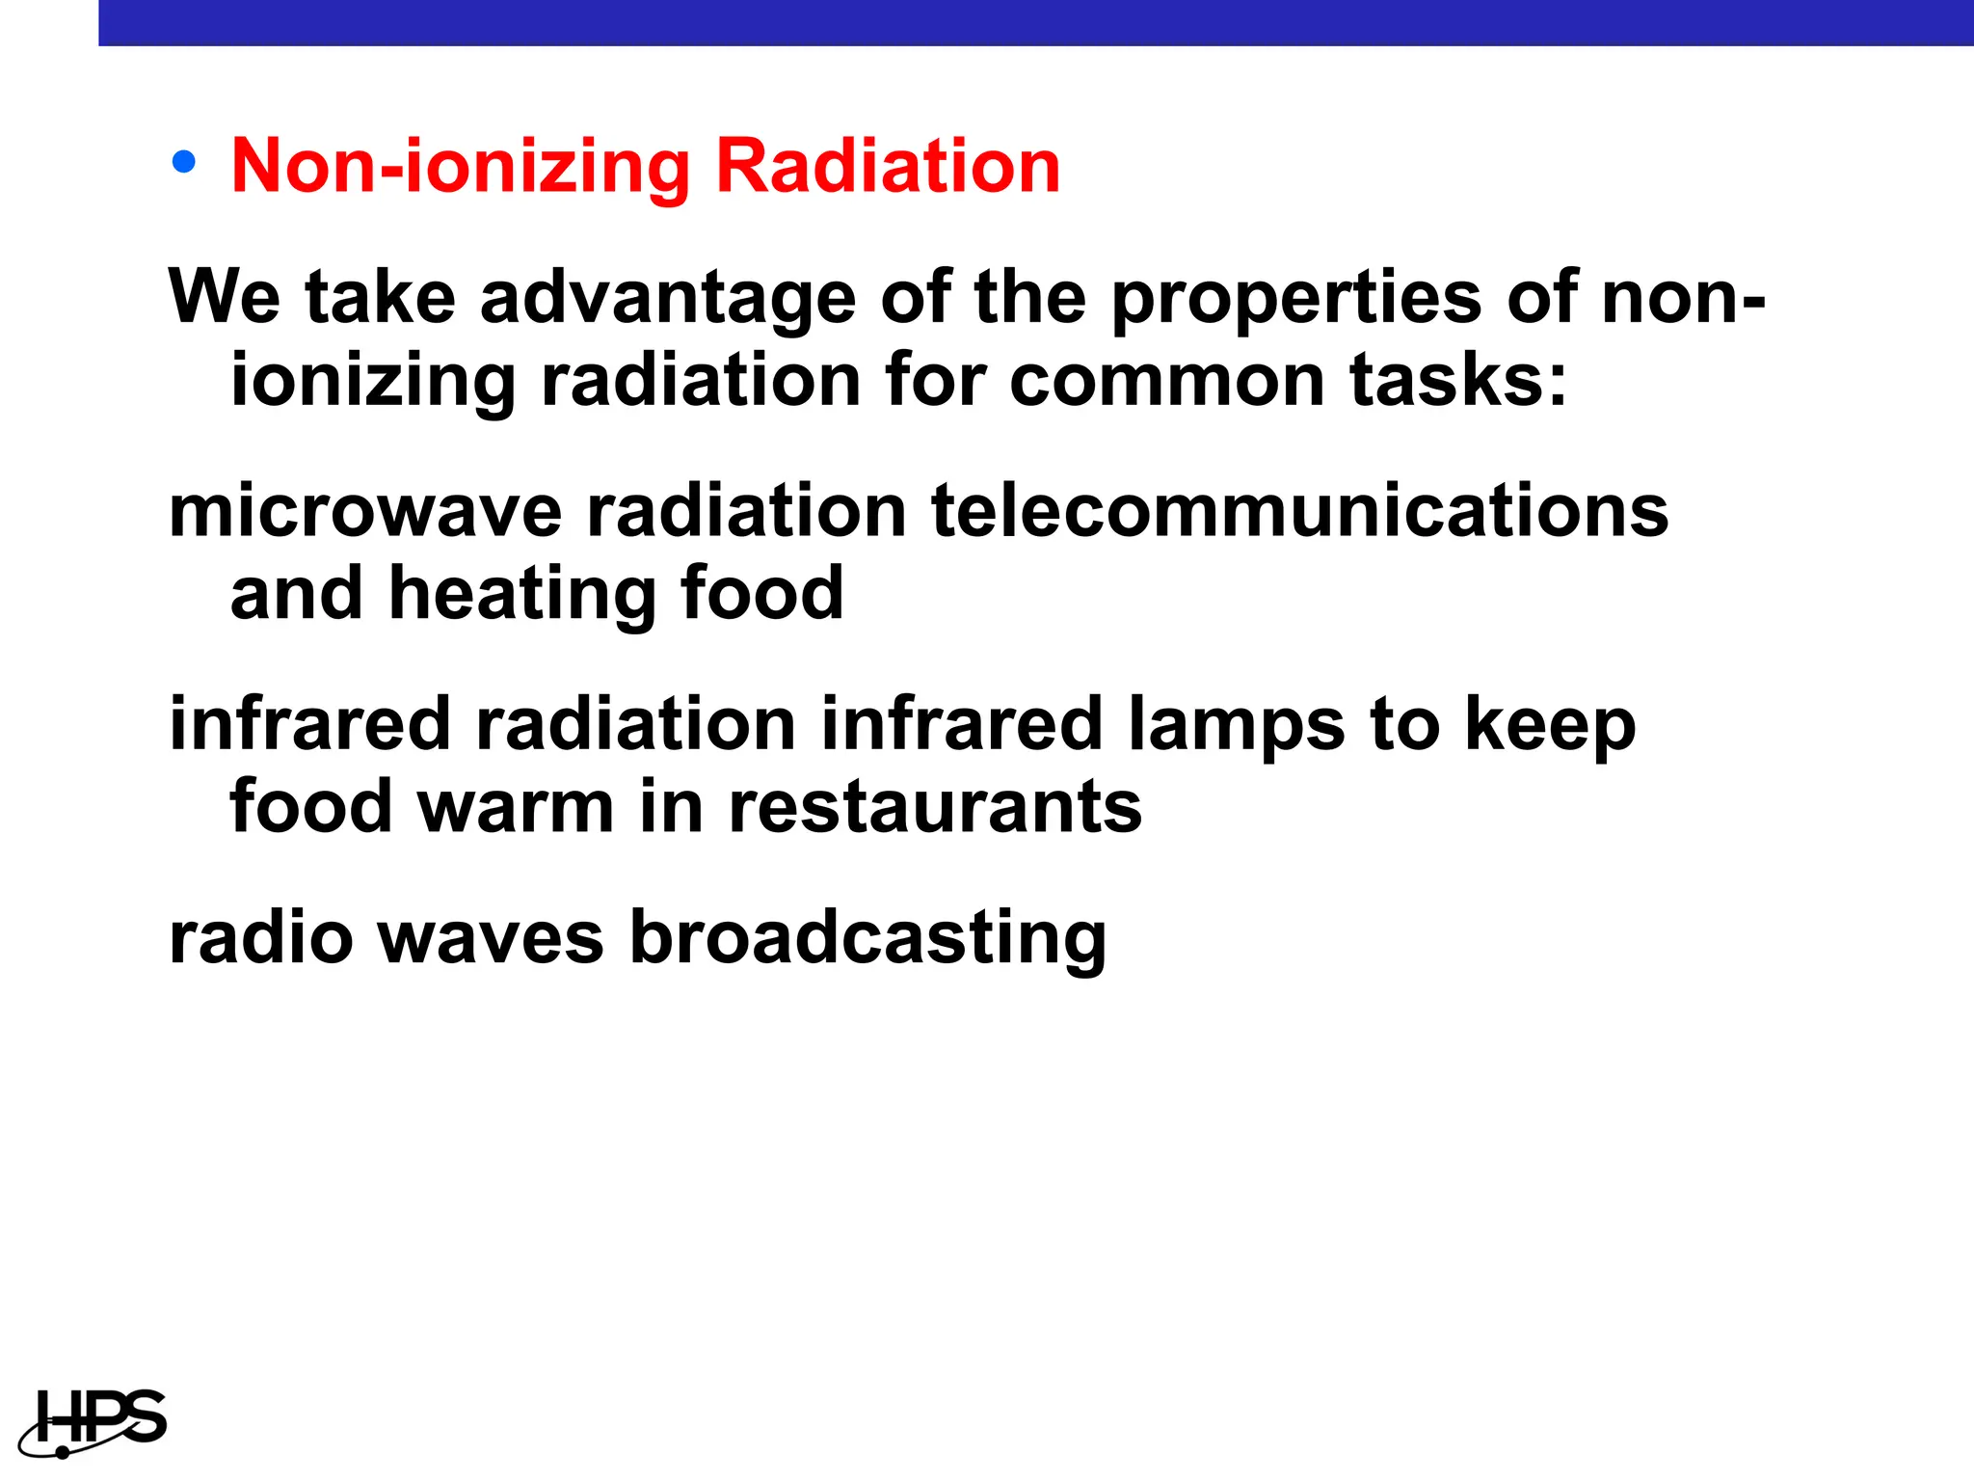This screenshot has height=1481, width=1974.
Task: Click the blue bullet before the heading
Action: tap(183, 162)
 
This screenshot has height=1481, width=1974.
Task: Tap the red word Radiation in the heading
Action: tap(888, 167)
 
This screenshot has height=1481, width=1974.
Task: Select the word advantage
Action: tap(667, 299)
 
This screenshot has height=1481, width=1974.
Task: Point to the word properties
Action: tap(1296, 299)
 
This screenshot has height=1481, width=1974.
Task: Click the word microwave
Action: tap(365, 511)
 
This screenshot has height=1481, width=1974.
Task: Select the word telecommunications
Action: tap(1299, 511)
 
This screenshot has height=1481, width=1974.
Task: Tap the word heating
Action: tap(521, 595)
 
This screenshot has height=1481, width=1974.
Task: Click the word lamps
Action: tap(1236, 725)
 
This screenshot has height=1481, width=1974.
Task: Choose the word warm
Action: tap(516, 807)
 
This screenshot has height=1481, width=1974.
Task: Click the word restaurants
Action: tap(935, 807)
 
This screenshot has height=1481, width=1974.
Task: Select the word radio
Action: tap(261, 937)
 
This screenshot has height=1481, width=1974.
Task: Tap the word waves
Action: tap(491, 937)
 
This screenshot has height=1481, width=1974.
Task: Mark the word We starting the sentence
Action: tap(225, 297)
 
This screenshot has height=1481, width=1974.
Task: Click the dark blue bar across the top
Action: tap(1035, 22)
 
